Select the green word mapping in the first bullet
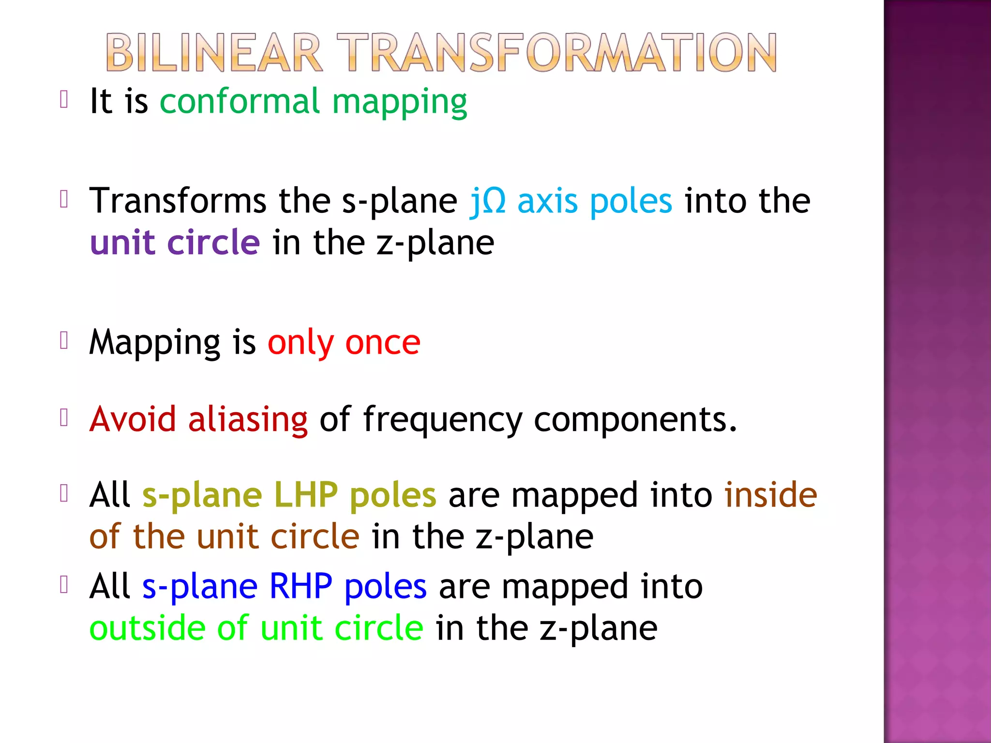click(400, 104)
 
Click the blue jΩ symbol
click(488, 201)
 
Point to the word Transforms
click(178, 201)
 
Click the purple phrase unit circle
click(175, 242)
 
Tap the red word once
click(383, 343)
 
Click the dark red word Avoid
click(133, 419)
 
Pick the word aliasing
click(248, 420)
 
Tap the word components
click(635, 420)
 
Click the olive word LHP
click(306, 495)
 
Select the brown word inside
click(770, 495)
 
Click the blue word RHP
click(300, 586)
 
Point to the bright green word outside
click(147, 628)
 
